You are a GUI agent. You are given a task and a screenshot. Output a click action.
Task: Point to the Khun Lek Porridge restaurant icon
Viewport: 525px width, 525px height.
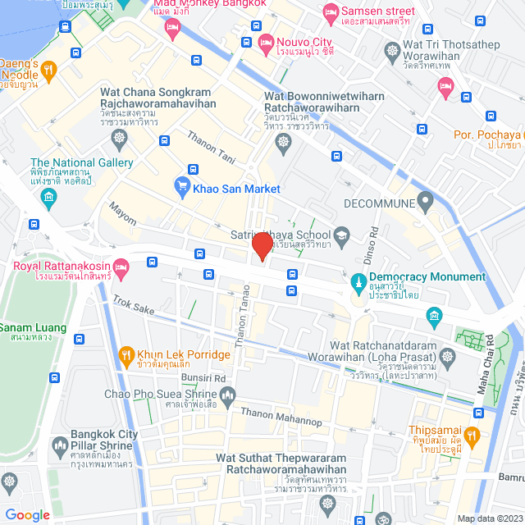(x=126, y=355)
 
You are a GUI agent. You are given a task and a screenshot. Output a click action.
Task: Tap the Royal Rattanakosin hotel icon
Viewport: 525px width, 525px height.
(x=121, y=266)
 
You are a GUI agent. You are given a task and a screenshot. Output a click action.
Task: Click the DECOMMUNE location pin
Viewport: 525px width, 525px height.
(x=424, y=199)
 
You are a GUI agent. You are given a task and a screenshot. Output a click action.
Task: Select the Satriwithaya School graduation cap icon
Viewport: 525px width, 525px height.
(x=342, y=237)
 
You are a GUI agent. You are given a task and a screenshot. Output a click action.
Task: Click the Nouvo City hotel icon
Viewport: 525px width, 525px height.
(x=266, y=41)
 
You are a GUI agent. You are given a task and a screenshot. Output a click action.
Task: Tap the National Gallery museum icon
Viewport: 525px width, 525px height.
(x=48, y=196)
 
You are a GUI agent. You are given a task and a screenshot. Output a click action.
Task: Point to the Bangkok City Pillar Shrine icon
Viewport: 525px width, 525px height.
(x=58, y=447)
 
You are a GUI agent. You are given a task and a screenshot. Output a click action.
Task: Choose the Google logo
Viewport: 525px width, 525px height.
(x=27, y=514)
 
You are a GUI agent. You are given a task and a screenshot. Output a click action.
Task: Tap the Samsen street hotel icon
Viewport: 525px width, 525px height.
(x=331, y=11)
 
